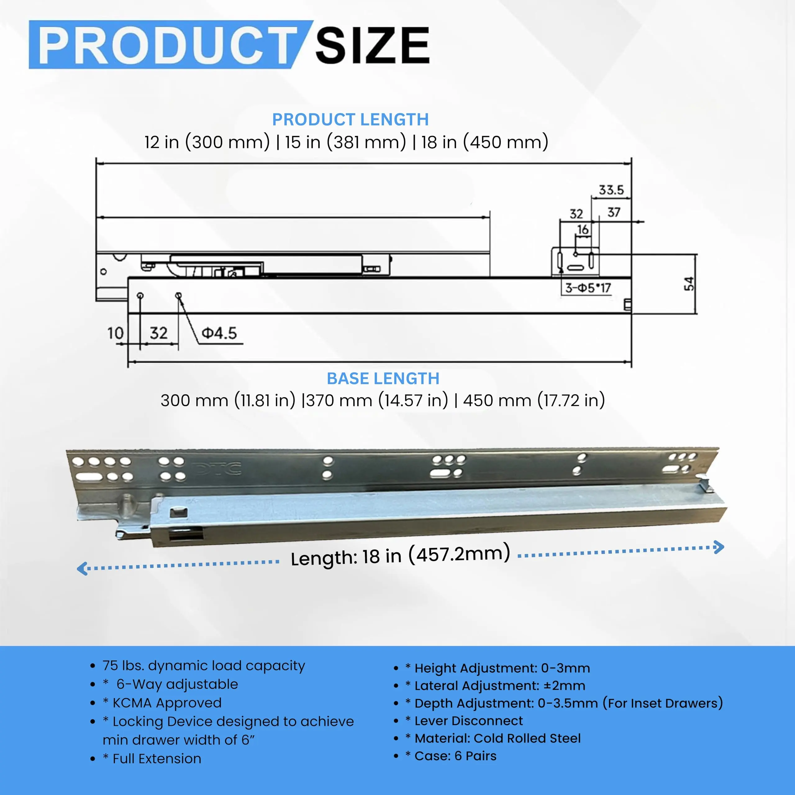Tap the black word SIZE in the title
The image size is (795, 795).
(x=372, y=45)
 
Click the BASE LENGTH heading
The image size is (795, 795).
(x=383, y=379)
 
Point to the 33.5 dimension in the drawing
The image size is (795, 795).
(x=611, y=190)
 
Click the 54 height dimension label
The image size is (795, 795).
(x=689, y=284)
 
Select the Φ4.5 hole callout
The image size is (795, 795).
(x=219, y=333)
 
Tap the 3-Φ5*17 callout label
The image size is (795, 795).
(x=588, y=288)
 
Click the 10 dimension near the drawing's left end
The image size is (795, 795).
(x=115, y=333)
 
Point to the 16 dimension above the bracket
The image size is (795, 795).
(x=583, y=229)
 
